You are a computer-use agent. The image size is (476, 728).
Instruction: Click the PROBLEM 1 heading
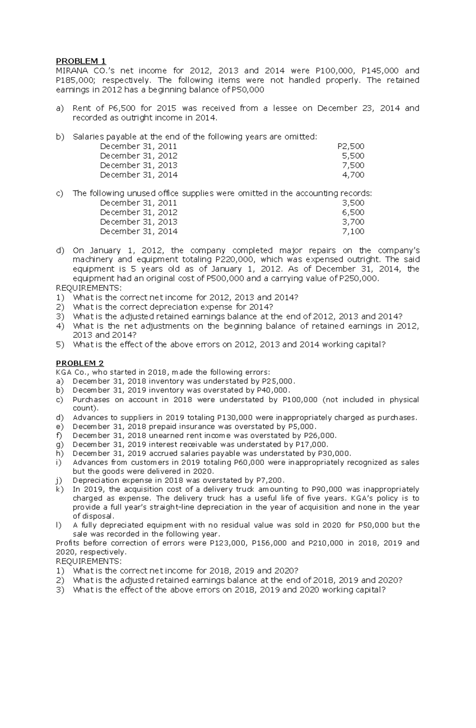(81, 61)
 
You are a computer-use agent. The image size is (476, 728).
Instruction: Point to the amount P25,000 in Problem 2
(277, 381)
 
